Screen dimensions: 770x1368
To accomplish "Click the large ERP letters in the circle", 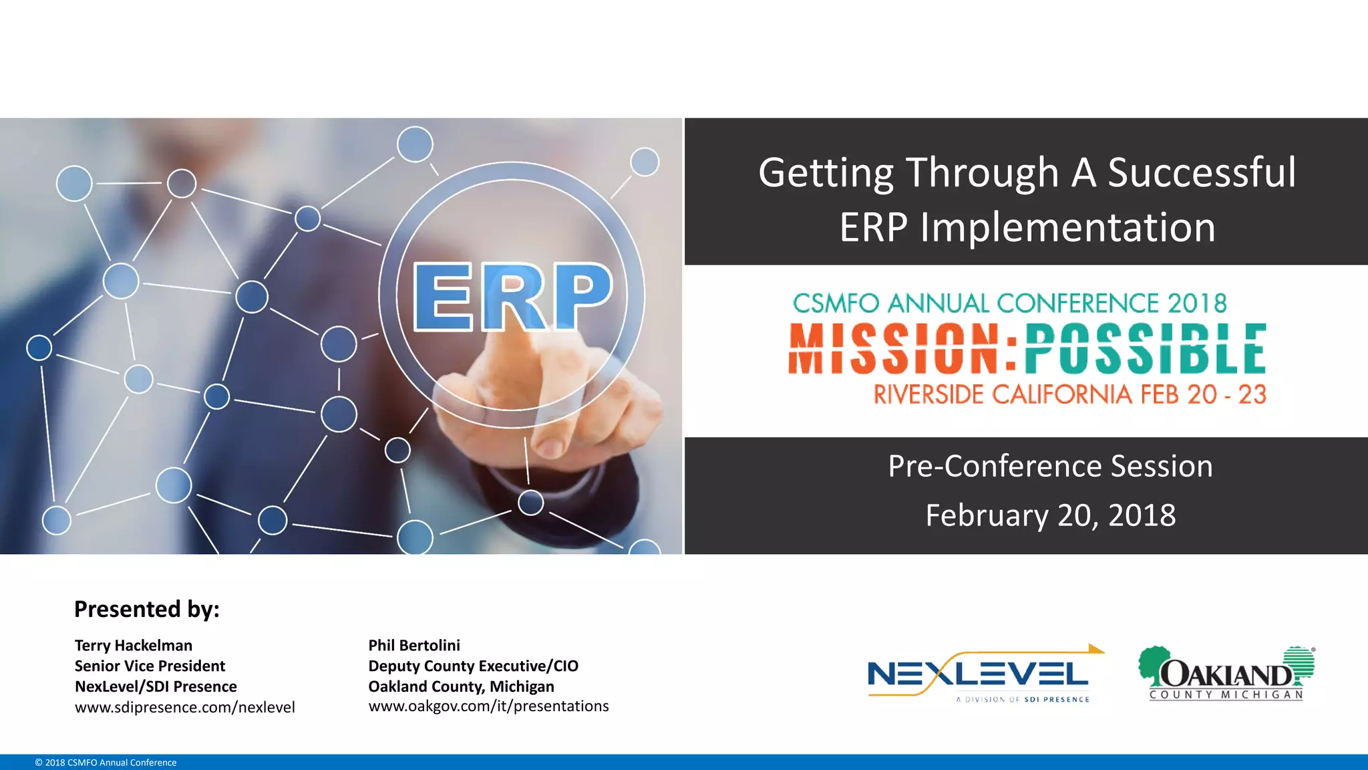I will coord(512,297).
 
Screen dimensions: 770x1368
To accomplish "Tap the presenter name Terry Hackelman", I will coord(134,646).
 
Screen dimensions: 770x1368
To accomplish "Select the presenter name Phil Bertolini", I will coord(414,646).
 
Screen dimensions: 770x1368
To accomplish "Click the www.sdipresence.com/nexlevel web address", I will coord(184,707).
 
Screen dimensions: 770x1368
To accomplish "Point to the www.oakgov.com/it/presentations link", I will coord(488,707).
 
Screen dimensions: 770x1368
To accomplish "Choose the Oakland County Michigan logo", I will coord(1226,674).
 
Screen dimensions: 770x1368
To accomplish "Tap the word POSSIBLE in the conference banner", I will coord(1145,349).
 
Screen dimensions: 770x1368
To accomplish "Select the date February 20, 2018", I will coord(1050,515).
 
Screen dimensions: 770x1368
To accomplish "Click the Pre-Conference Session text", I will coord(1050,466).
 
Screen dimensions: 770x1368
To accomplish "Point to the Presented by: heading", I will coord(147,609).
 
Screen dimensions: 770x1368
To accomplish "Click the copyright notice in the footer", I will coord(106,763).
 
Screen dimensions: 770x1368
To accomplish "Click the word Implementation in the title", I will coord(1067,227).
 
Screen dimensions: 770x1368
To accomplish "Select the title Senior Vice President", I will coord(150,666).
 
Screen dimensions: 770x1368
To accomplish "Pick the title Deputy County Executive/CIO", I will coord(473,666).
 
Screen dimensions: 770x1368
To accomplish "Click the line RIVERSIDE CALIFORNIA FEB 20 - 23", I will coord(1069,394).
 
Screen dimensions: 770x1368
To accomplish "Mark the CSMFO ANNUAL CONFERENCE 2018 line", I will coord(1009,303).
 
